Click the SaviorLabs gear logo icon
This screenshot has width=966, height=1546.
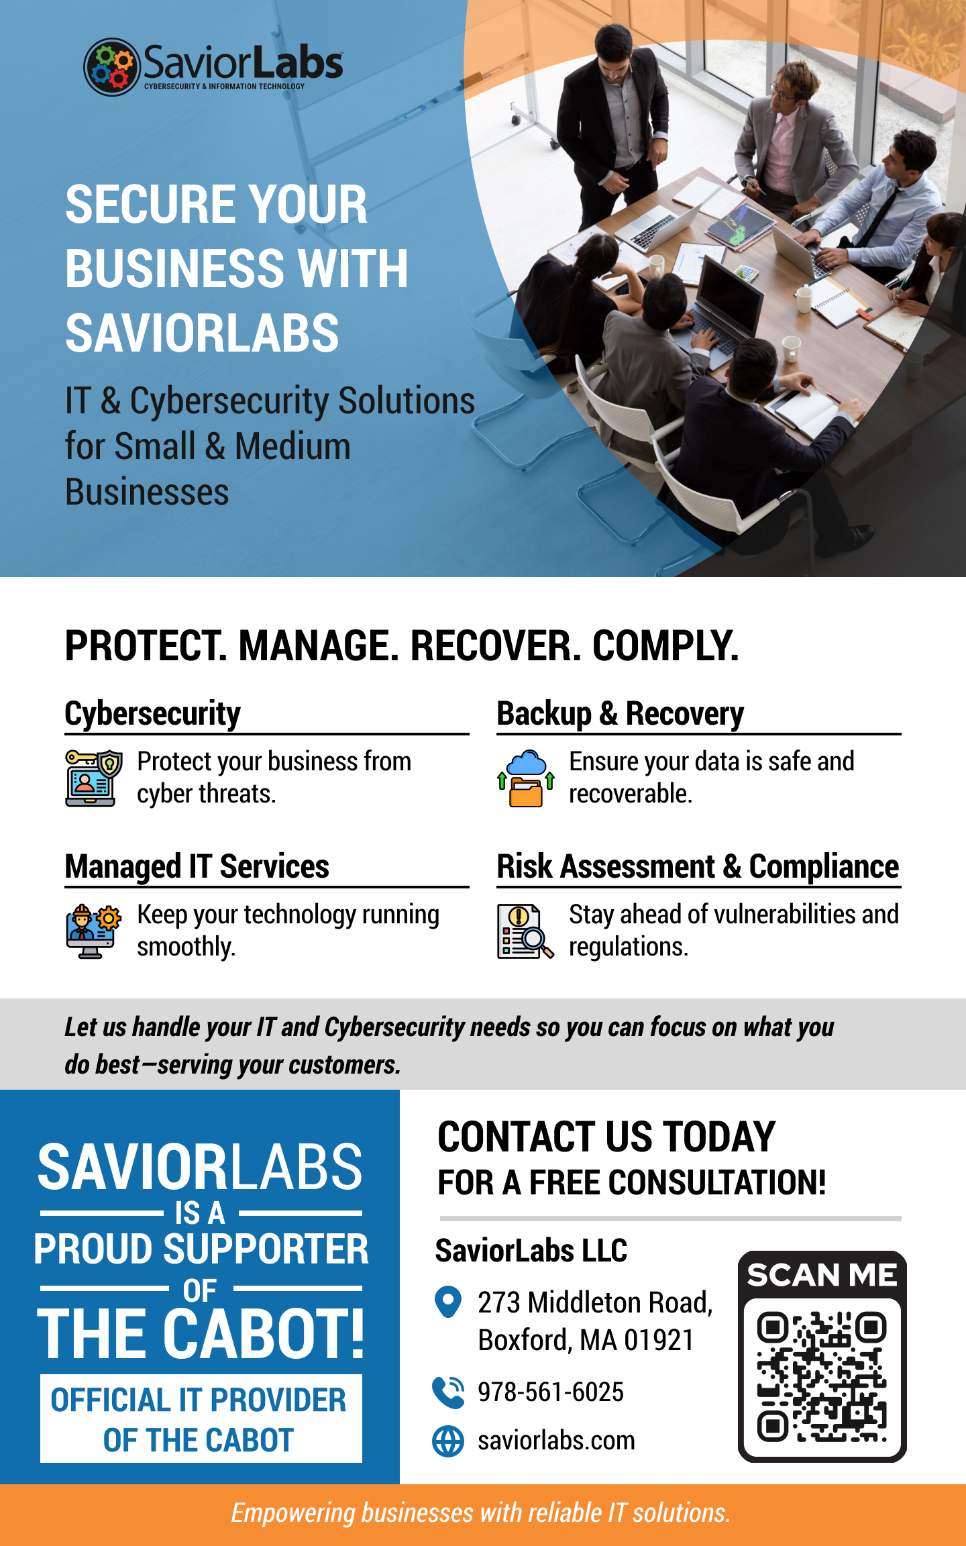[111, 67]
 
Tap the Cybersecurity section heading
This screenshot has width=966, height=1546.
[152, 713]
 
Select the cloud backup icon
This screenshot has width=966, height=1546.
[526, 778]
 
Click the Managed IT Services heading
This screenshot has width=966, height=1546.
[197, 866]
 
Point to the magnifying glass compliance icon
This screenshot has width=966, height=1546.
[526, 931]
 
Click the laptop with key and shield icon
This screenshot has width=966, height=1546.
[94, 778]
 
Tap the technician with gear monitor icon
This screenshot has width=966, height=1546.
[94, 931]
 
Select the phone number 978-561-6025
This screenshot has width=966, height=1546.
[551, 1392]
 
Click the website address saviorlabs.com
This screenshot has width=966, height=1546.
[556, 1441]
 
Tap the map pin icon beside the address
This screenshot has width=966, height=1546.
[448, 1302]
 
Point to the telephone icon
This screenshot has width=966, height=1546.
[448, 1392]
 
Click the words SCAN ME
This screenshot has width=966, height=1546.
[822, 1275]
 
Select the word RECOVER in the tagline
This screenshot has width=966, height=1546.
[496, 646]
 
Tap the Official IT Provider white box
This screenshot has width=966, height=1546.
[201, 1419]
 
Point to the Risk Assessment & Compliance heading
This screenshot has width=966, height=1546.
[698, 866]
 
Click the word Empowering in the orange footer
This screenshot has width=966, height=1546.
[293, 1513]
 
